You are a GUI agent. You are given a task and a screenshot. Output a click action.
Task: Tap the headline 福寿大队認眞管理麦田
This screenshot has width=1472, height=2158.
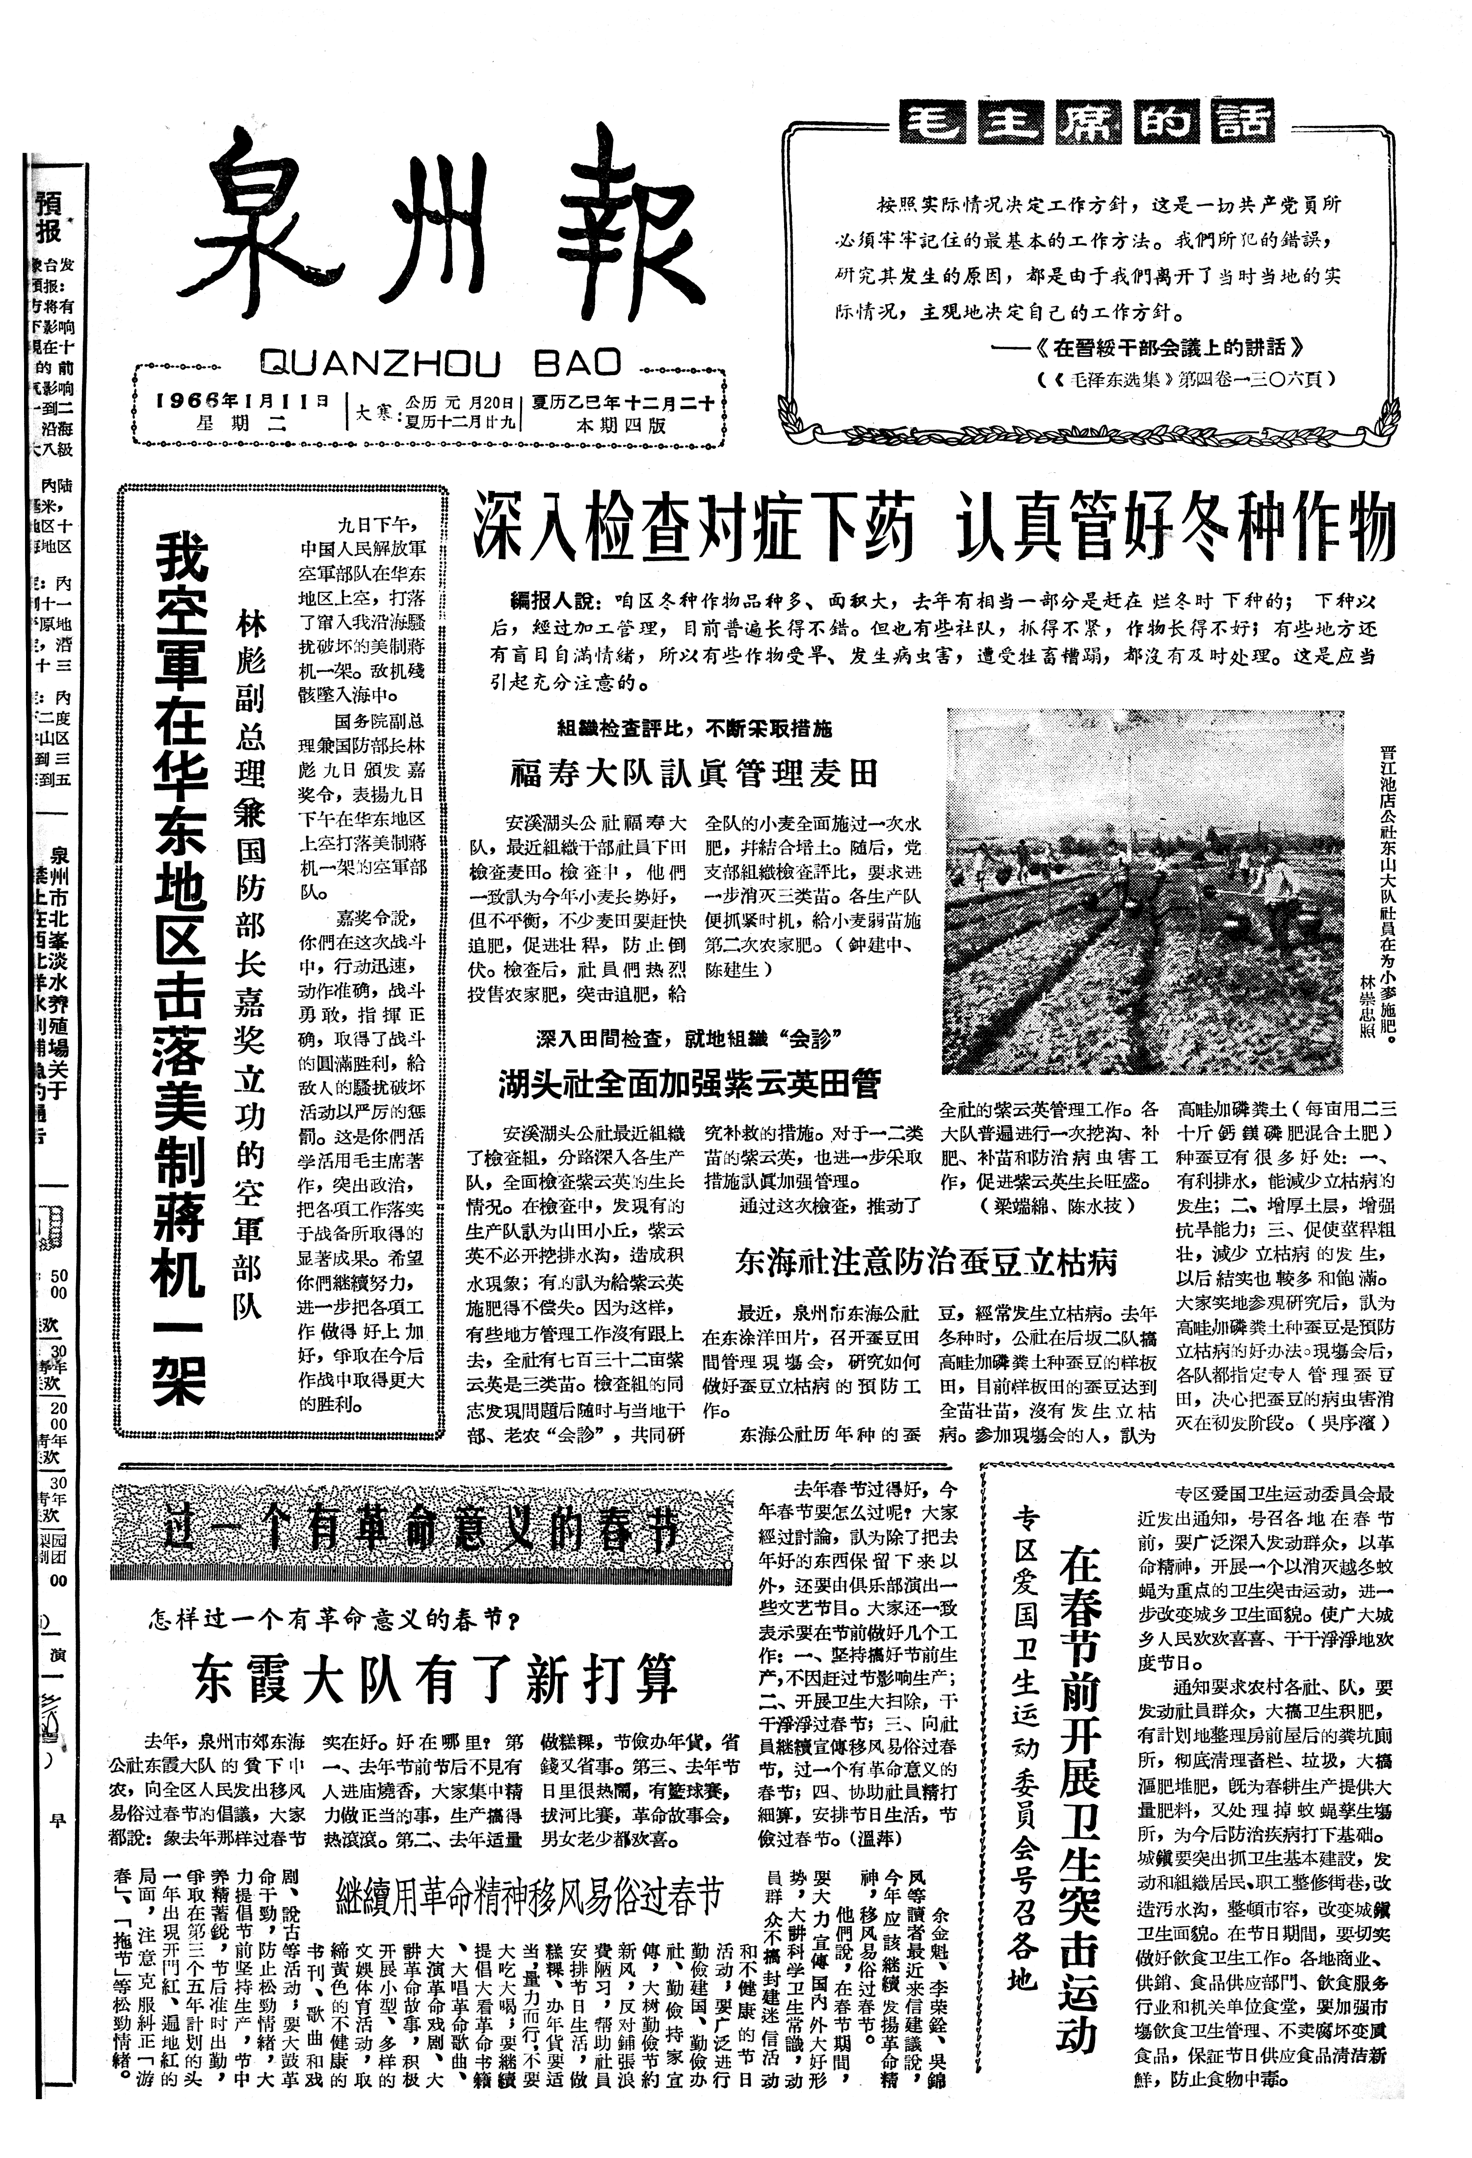pos(694,772)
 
